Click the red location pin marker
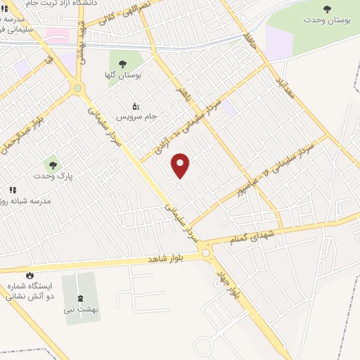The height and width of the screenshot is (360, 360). coord(181,165)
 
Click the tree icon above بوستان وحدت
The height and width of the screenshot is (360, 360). coord(327,8)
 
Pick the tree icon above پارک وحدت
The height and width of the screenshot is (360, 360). coord(53,165)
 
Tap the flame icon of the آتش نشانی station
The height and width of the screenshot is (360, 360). coord(30,275)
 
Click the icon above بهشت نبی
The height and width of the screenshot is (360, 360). coord(79,298)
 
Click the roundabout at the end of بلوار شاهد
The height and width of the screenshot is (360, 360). coord(206,252)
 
